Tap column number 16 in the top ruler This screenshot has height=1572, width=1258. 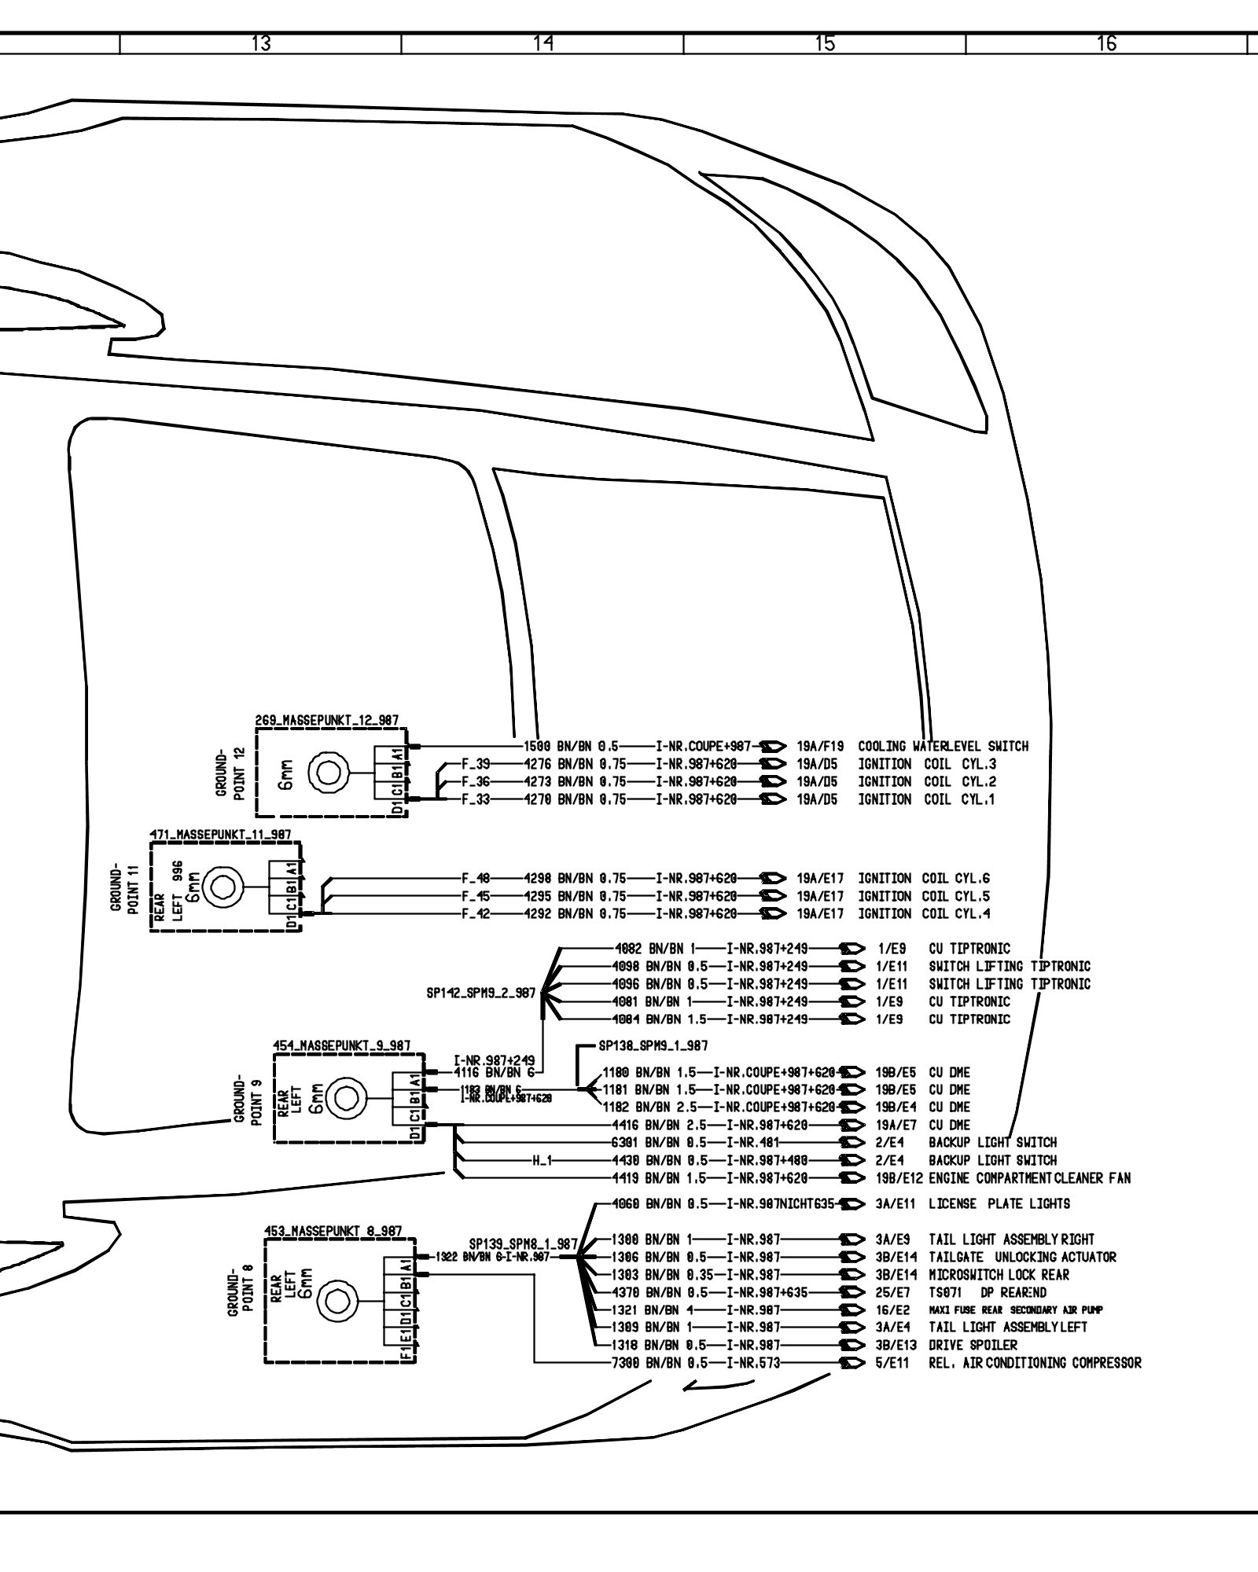click(1106, 44)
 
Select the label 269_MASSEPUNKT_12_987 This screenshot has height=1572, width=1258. click(326, 719)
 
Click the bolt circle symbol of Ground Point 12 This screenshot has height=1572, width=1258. click(324, 773)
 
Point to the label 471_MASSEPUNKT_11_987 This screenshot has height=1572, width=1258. click(221, 834)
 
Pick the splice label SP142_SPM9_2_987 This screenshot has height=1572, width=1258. click(480, 994)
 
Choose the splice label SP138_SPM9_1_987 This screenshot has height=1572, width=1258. click(653, 1046)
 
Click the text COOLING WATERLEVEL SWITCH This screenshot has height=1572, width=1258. click(943, 746)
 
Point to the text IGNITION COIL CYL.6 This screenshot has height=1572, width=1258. click(924, 878)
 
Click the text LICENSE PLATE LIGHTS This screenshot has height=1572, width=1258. click(999, 1203)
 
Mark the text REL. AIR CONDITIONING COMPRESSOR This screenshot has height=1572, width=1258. click(1035, 1363)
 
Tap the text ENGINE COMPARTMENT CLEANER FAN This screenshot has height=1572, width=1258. click(1029, 1177)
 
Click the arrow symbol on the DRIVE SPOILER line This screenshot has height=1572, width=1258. click(852, 1345)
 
